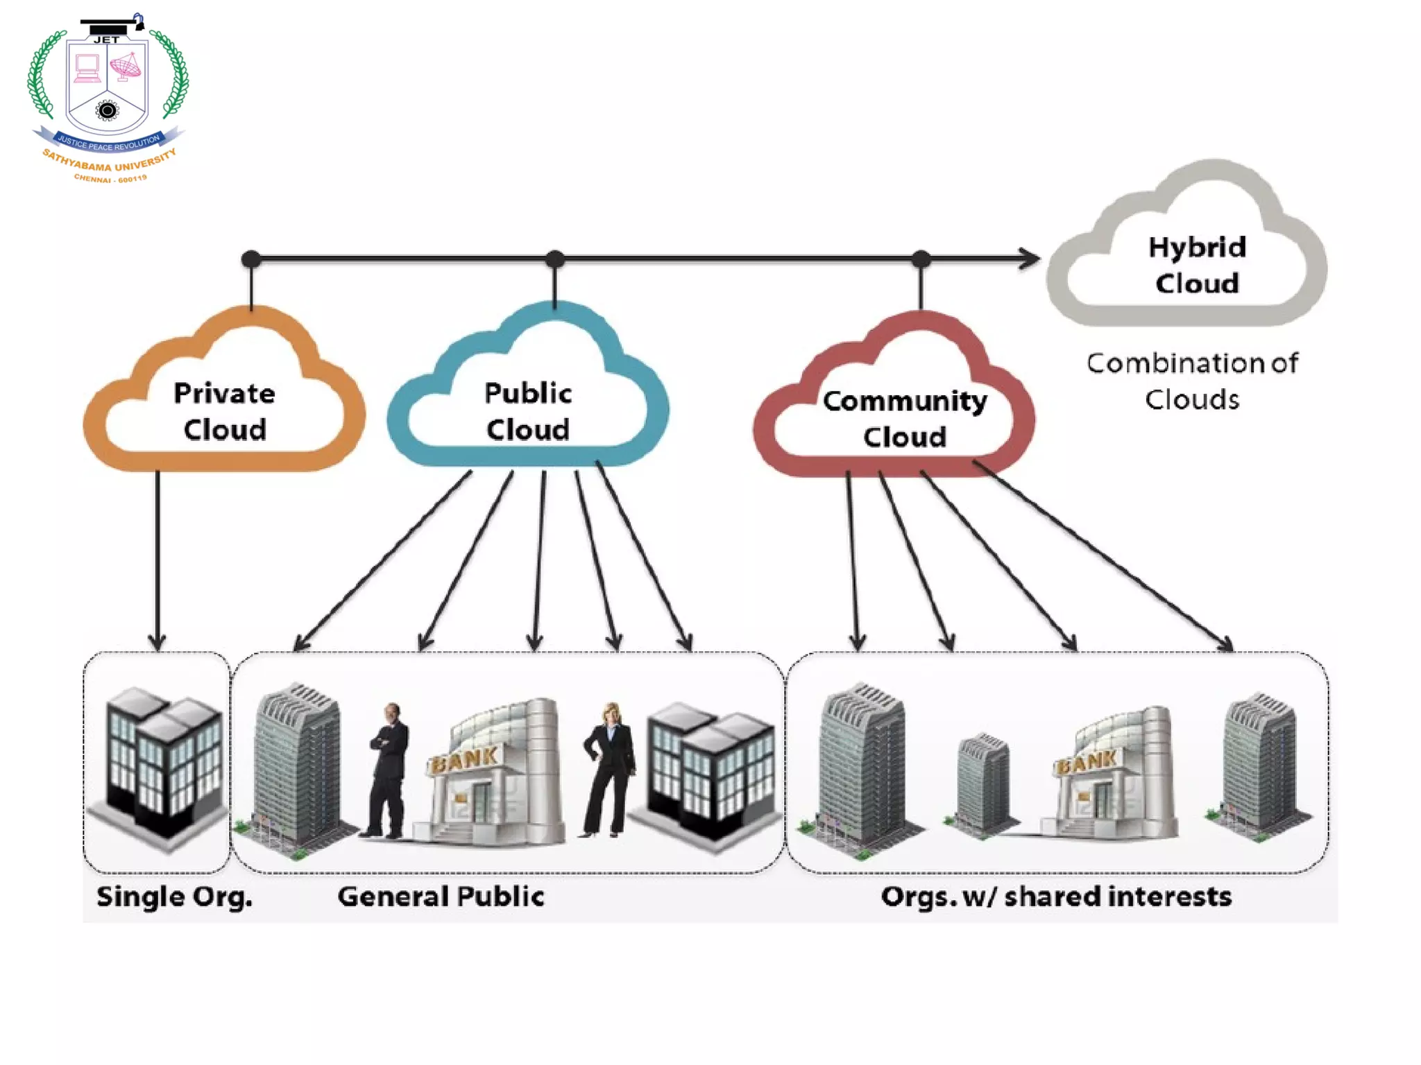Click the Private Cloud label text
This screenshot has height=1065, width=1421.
point(224,411)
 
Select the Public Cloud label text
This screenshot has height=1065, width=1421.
point(528,411)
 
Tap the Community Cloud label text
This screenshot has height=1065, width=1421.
point(905,419)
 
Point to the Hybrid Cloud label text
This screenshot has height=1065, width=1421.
point(1197,265)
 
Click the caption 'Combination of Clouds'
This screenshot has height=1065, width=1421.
point(1192,381)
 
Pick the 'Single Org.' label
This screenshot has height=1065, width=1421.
point(174,897)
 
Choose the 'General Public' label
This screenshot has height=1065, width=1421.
point(441,897)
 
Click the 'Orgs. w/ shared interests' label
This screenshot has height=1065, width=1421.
point(1056,897)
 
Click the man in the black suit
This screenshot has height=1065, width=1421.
point(389,770)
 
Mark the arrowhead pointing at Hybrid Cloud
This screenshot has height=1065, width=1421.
point(1031,259)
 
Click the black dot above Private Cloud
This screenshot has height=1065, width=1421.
point(251,259)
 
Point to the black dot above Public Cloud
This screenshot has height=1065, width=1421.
point(554,259)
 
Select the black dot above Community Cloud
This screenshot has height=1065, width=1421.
point(921,259)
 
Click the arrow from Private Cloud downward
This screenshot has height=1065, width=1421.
point(158,555)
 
